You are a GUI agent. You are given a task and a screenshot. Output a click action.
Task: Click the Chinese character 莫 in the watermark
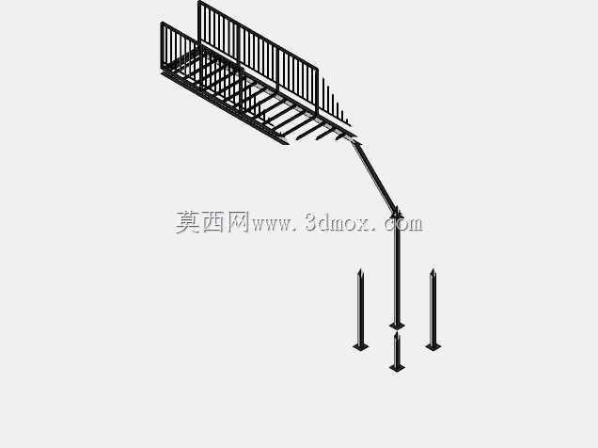point(188,222)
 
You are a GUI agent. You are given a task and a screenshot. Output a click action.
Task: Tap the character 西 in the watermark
point(212,222)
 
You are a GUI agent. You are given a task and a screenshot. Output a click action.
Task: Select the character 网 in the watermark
point(238,222)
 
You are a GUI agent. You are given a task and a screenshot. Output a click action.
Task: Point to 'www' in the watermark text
point(273,225)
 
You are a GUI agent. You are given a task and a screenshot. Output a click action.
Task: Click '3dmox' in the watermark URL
point(338,222)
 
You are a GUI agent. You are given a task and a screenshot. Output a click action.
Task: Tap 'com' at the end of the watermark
point(403,224)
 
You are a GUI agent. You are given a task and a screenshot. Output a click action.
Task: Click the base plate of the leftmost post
point(361,346)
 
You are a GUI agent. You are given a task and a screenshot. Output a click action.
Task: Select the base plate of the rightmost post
point(433,346)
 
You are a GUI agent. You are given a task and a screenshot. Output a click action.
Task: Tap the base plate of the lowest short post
point(397,367)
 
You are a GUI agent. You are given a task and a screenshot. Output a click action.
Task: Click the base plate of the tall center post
point(397,326)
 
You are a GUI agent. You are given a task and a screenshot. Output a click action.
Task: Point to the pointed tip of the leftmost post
point(359,269)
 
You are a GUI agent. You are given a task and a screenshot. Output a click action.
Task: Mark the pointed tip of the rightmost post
point(433,269)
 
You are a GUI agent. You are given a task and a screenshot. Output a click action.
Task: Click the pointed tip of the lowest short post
point(397,332)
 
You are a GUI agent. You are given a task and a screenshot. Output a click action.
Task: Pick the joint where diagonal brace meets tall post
point(397,213)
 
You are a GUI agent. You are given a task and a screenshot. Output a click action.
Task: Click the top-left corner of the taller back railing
point(199,2)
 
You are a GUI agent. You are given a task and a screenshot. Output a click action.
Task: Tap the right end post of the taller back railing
point(317,90)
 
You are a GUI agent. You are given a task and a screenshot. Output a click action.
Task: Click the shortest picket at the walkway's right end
point(347,120)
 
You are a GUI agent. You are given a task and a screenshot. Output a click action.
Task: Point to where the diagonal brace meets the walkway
point(354,142)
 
